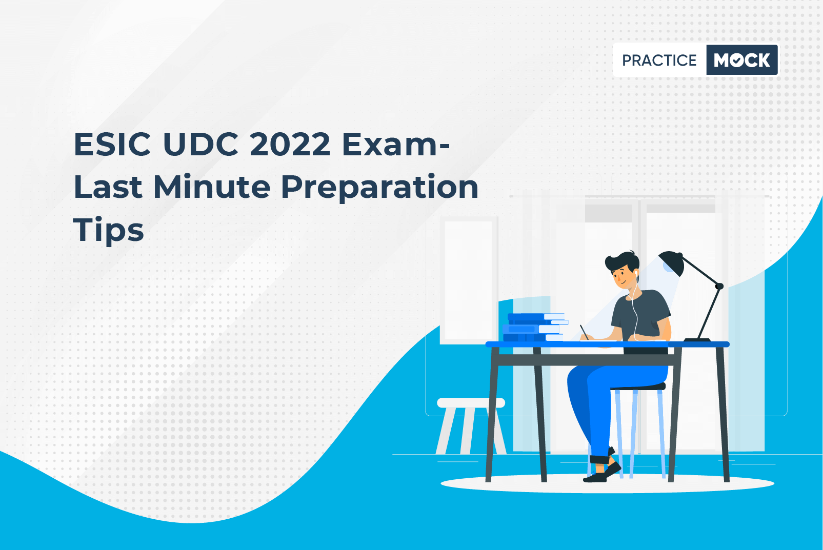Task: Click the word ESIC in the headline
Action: pyautogui.click(x=112, y=145)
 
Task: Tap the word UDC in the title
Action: pyautogui.click(x=200, y=145)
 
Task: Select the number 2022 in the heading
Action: pyautogui.click(x=290, y=145)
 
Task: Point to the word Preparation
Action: pyautogui.click(x=379, y=188)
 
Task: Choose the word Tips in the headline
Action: pyautogui.click(x=108, y=230)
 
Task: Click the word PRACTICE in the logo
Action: pyautogui.click(x=659, y=60)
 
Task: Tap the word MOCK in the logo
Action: pyautogui.click(x=741, y=60)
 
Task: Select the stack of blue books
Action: pyautogui.click(x=533, y=328)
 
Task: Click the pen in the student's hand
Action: pyautogui.click(x=584, y=331)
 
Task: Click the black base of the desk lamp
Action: pyautogui.click(x=696, y=340)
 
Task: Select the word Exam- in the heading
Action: pyautogui.click(x=395, y=145)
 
